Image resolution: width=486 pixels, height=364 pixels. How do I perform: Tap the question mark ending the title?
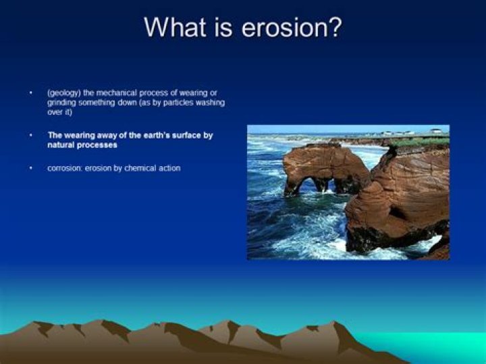[x=334, y=28]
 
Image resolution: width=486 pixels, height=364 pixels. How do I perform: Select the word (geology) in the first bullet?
[x=65, y=92]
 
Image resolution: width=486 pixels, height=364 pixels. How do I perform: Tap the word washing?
[x=210, y=103]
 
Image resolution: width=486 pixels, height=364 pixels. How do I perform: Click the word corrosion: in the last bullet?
[x=65, y=168]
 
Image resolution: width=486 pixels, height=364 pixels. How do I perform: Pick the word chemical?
[x=141, y=168]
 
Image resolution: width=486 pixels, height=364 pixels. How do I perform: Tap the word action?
[x=170, y=168]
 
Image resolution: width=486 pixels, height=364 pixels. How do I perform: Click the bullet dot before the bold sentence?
[x=30, y=135]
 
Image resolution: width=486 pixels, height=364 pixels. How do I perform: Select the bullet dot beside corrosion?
[x=30, y=168]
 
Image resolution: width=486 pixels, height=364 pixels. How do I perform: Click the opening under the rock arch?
[x=308, y=184]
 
